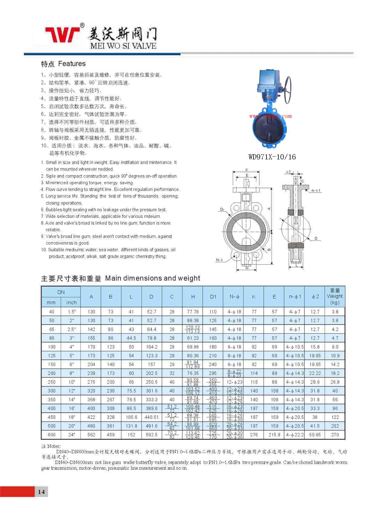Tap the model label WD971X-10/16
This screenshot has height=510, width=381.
coord(272,157)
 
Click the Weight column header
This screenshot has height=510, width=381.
coord(335,296)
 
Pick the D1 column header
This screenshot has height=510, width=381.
coord(213,297)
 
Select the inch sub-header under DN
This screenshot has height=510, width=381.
coord(71,302)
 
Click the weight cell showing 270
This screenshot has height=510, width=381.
coord(335,435)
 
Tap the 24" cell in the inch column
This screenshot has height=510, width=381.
coord(71,435)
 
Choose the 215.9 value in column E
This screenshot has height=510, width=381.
coord(274,435)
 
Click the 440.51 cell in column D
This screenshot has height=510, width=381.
coord(151,417)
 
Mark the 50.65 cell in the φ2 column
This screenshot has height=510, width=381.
coord(315,435)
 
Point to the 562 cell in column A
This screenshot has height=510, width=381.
coord(91,435)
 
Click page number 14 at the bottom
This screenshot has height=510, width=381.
coord(41,492)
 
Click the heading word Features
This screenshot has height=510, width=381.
coord(72,64)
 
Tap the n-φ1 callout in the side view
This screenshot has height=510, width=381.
coord(316,191)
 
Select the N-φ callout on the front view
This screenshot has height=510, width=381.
coord(219,260)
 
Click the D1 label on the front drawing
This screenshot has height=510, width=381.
coord(222,209)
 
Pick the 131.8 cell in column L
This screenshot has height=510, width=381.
coord(131,426)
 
